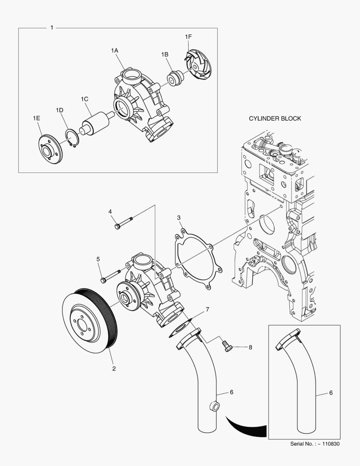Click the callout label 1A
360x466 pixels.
pos(114,50)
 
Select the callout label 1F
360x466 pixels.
pos(188,37)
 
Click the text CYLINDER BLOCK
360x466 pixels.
pos(275,118)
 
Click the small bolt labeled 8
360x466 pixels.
pos(228,346)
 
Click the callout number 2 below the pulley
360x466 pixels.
pos(114,368)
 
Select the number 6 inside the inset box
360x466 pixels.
pos(331,393)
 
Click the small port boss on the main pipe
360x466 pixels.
pos(214,406)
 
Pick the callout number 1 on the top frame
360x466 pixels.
pos(52,28)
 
